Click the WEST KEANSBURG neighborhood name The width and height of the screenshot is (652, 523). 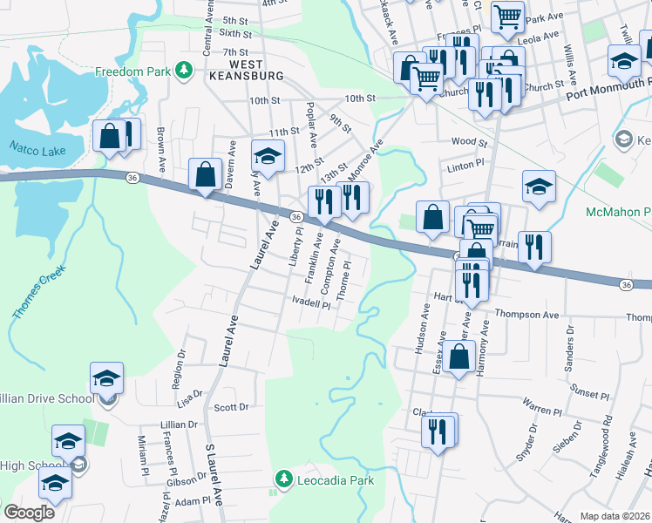(x=244, y=71)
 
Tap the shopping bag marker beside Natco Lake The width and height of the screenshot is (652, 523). (x=111, y=136)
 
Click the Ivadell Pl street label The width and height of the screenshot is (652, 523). (x=311, y=304)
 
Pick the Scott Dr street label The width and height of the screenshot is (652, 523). (x=231, y=407)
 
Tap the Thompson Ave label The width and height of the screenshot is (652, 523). (x=526, y=314)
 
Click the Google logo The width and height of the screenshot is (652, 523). (x=28, y=513)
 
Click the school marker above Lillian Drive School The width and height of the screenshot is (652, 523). (x=106, y=377)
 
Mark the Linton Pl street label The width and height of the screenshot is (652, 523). (x=465, y=165)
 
